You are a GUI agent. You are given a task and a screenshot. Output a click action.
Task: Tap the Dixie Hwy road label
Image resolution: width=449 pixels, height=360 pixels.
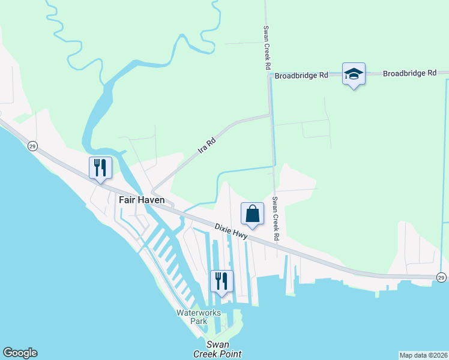pos(231,231)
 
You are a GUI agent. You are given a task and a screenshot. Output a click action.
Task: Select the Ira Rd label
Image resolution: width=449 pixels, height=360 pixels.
pos(206,147)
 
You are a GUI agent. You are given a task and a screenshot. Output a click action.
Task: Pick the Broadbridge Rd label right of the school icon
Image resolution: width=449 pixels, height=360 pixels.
pos(409,73)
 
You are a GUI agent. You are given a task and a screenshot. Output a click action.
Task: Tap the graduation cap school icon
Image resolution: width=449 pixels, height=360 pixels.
pos(354,74)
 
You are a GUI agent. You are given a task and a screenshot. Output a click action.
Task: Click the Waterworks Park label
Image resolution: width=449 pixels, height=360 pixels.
pos(191,317)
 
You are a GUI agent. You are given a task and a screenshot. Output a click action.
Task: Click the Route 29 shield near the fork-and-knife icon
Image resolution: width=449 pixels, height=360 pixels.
pos(32,146)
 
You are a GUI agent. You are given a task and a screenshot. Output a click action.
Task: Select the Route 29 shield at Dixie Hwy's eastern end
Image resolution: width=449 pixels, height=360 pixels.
pos(441,277)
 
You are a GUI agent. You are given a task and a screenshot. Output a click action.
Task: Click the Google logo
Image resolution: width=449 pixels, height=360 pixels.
pos(20,353)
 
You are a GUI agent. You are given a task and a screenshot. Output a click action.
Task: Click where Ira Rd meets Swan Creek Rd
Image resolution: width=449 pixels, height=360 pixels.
pos(271,114)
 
